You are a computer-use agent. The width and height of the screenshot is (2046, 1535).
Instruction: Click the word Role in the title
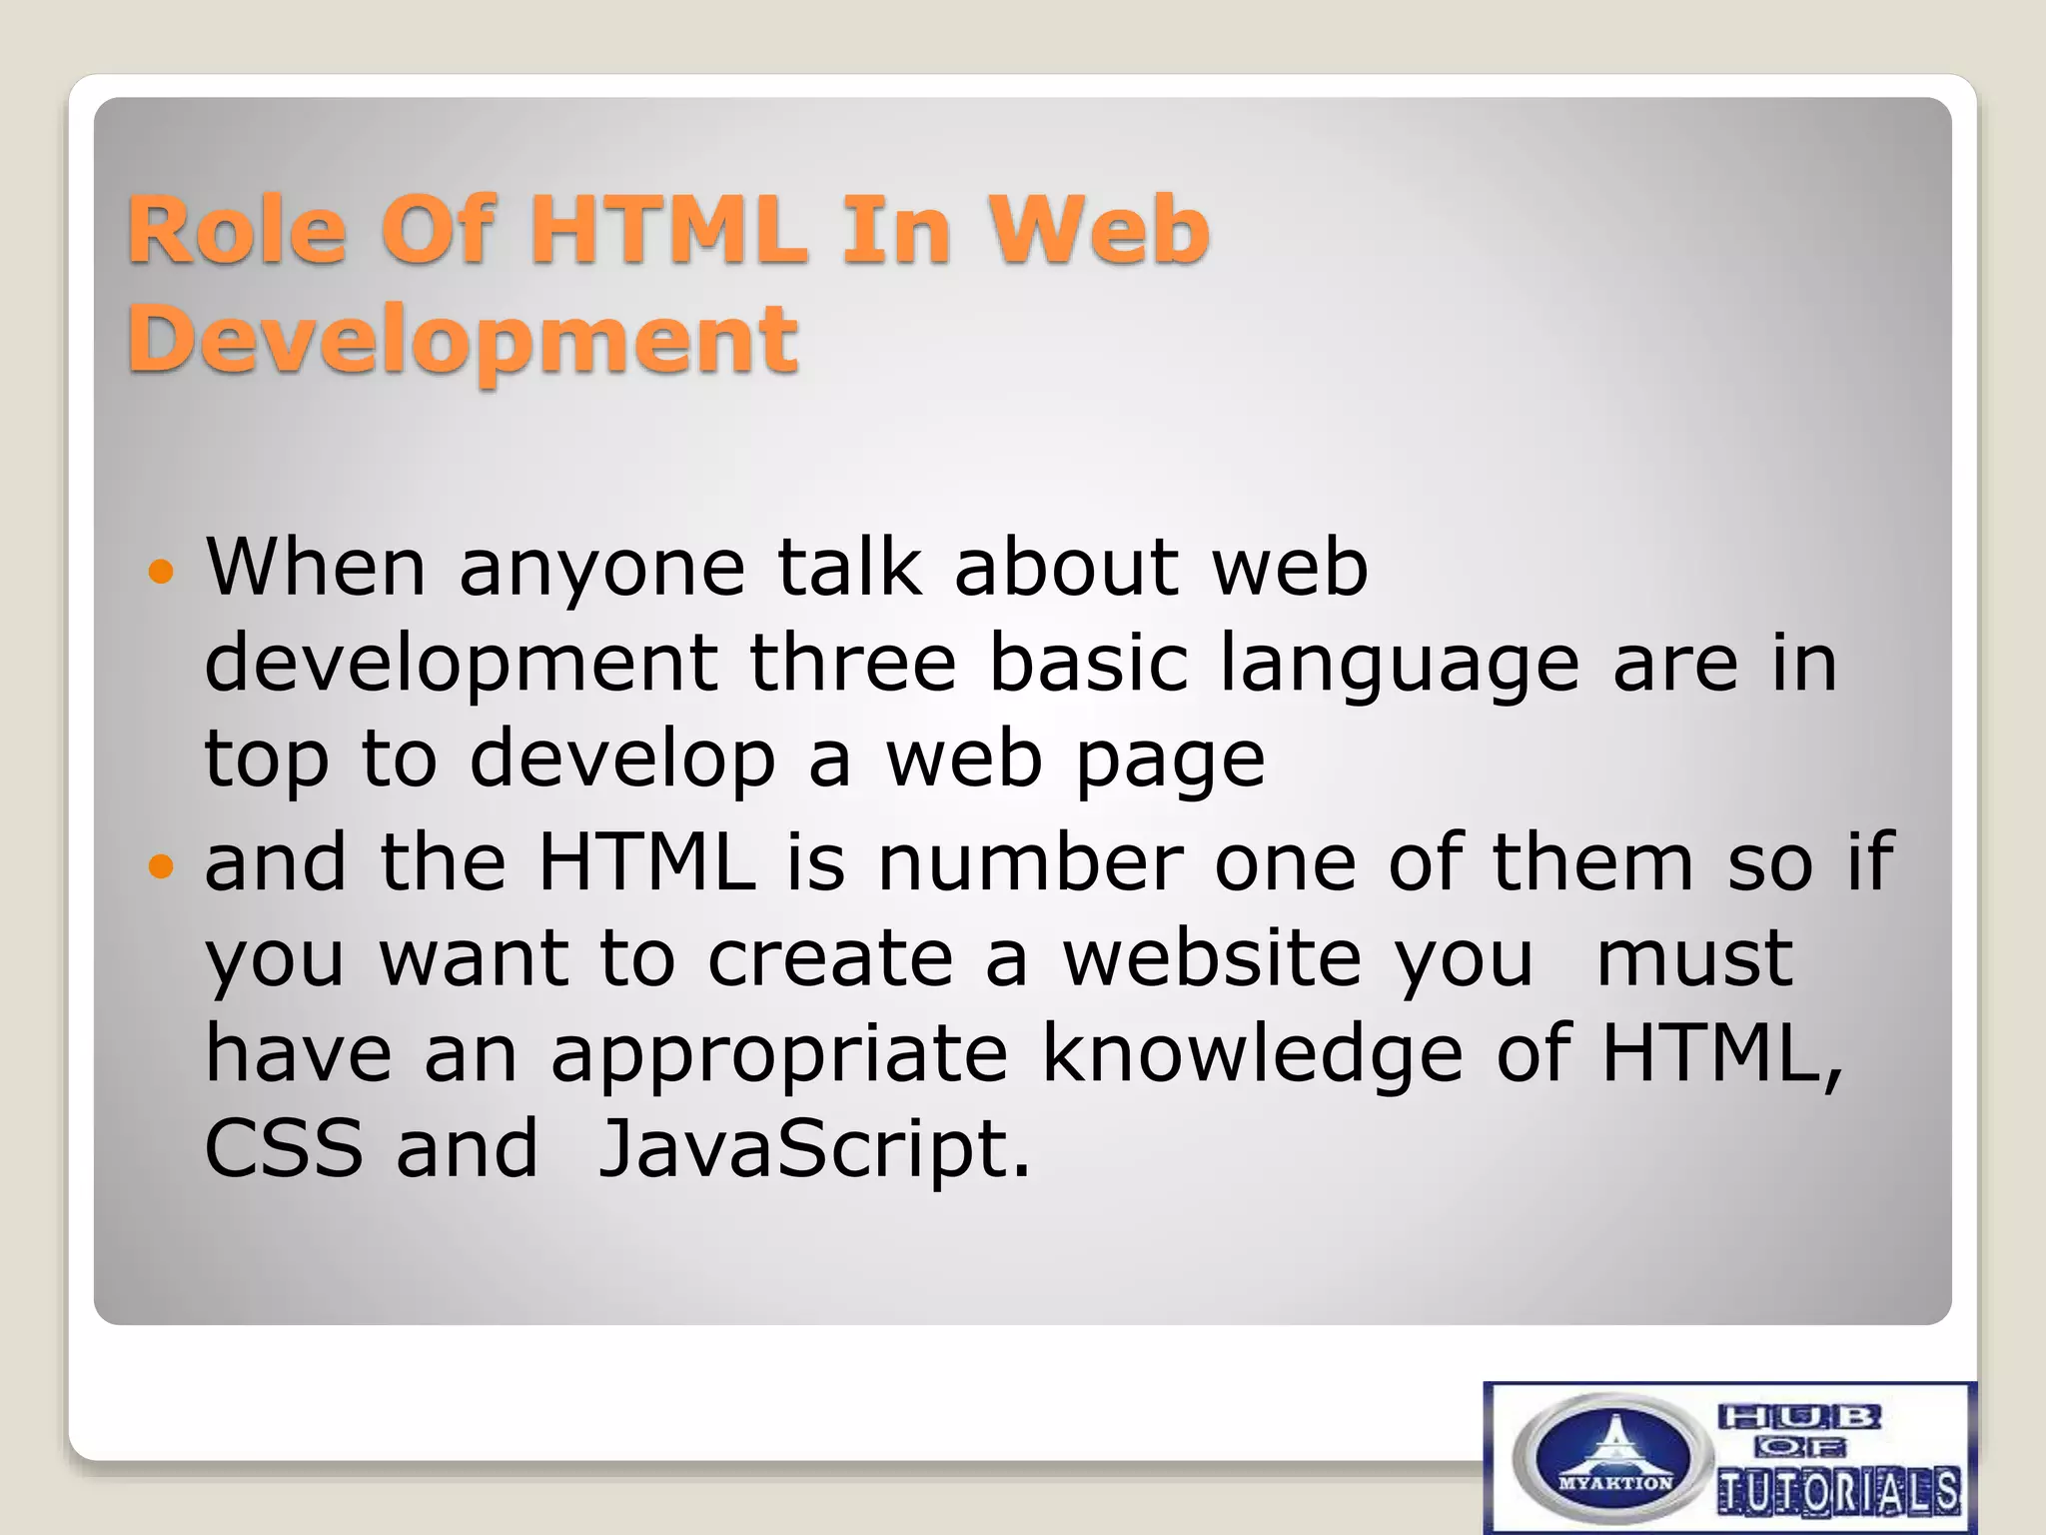pos(236,231)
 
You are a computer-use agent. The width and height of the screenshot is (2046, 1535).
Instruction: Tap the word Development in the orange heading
pos(463,340)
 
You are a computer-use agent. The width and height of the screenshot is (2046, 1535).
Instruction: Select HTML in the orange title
pos(667,231)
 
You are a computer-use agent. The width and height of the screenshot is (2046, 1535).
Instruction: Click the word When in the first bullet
pos(316,568)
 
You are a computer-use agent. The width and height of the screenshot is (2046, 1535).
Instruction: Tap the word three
pos(853,663)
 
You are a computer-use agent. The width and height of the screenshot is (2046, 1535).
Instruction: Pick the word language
pos(1400,665)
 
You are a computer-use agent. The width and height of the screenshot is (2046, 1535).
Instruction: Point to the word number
pos(1030,861)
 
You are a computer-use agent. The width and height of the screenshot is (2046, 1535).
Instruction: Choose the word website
pos(1212,957)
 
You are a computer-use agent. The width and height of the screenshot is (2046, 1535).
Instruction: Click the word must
pos(1694,957)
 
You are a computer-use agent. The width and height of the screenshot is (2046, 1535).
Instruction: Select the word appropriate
pos(779,1055)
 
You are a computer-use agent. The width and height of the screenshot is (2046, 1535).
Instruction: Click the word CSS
pos(284,1149)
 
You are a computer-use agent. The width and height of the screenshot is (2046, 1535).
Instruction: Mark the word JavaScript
pos(813,1149)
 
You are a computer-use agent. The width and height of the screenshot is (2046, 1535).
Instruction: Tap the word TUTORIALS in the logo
pos(1838,1493)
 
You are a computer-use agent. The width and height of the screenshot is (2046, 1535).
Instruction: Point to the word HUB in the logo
pos(1799,1416)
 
